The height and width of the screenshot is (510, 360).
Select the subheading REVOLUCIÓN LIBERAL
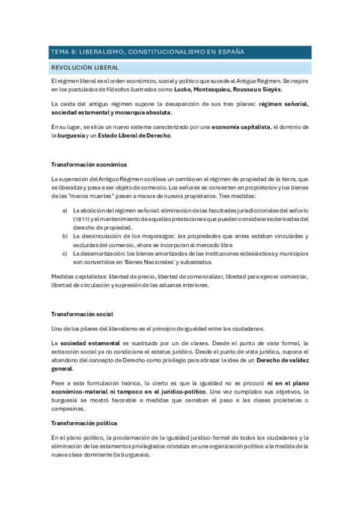click(85, 68)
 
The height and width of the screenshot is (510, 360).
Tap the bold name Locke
click(185, 89)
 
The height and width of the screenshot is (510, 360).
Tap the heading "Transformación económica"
click(88, 164)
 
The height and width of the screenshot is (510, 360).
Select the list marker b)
click(65, 236)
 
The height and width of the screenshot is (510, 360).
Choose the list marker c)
click(65, 254)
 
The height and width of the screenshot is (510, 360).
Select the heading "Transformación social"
click(82, 314)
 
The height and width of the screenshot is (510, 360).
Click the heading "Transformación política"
click(84, 422)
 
